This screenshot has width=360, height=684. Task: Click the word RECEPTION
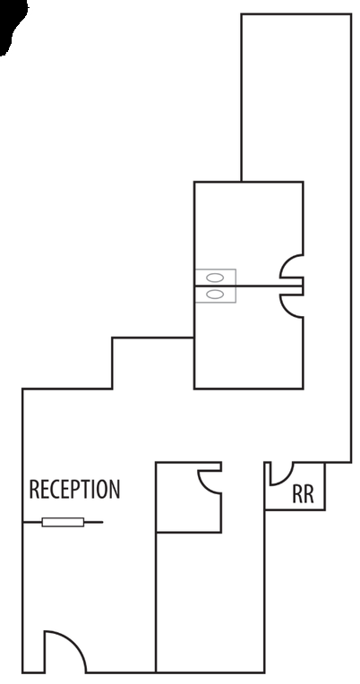tap(74, 489)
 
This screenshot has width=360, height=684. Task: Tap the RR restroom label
tap(303, 494)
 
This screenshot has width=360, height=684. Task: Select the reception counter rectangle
tap(63, 522)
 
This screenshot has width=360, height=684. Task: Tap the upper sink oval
tap(215, 278)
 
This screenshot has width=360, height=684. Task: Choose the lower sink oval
tap(215, 295)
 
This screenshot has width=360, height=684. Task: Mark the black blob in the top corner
tap(13, 25)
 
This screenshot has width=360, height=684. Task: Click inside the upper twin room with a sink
tap(244, 227)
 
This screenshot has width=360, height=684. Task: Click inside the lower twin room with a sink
tap(244, 345)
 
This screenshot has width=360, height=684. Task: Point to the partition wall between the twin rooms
tap(248, 286)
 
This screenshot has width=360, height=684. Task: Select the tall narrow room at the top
tap(296, 96)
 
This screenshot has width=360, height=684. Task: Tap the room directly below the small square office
tap(210, 602)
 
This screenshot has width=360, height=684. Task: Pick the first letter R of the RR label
tap(297, 494)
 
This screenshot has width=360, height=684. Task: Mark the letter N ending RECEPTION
tap(115, 489)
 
